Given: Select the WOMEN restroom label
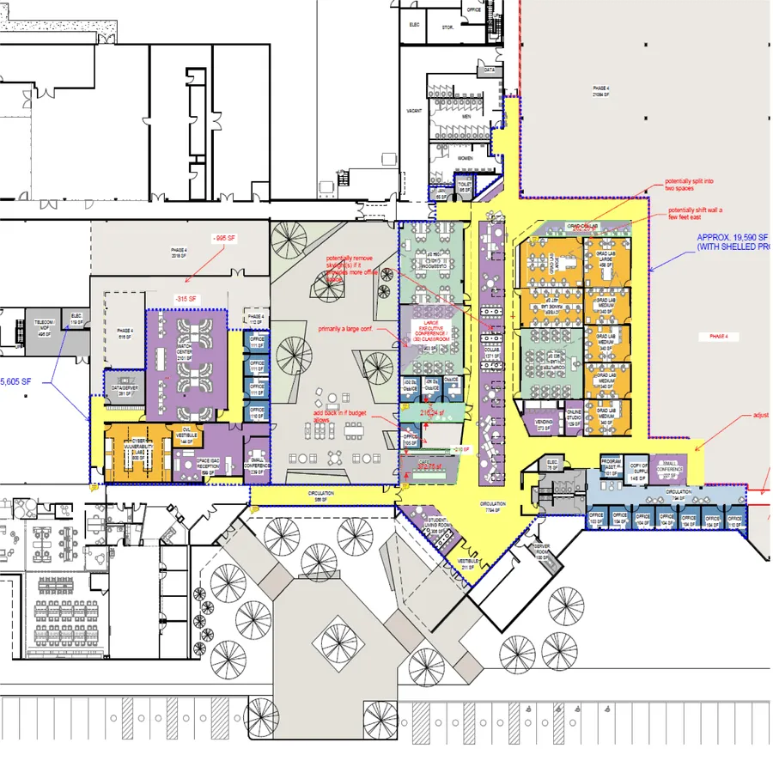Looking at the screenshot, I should click(x=465, y=159).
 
